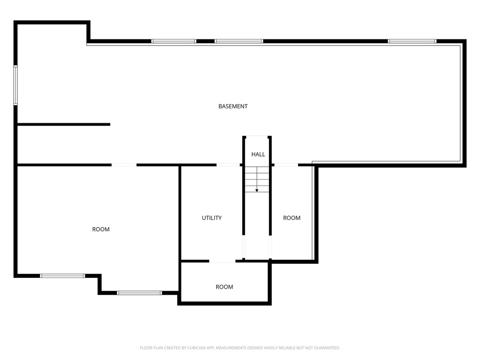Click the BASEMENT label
point(233,106)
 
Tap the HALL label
point(258,154)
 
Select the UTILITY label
point(212,218)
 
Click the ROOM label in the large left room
point(101,229)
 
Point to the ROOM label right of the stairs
point(292,218)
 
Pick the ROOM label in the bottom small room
point(224,287)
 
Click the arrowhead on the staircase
point(257,190)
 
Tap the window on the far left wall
point(15,85)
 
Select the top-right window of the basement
point(412,41)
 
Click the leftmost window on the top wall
point(173,41)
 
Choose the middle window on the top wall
point(239,41)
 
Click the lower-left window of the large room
point(62,276)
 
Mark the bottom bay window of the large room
point(139,293)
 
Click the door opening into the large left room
point(124,165)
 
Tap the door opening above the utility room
point(228,165)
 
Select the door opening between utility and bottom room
point(222,261)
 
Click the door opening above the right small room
point(286,165)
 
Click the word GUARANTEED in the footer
point(324,348)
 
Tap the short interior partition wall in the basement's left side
point(63,124)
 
